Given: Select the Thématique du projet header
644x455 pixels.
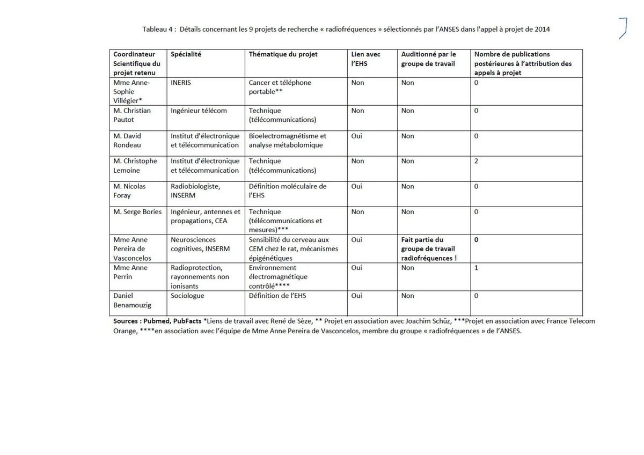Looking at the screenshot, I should click(x=283, y=54).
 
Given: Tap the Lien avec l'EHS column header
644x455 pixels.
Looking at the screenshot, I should click(x=365, y=58).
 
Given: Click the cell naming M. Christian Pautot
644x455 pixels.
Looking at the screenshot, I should click(x=132, y=115).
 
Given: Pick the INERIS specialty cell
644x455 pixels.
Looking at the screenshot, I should click(x=181, y=83).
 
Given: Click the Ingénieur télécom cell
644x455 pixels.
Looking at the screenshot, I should click(x=199, y=111).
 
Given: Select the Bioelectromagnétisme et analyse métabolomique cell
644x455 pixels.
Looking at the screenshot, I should click(x=287, y=141).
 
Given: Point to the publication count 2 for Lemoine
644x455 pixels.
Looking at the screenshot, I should click(x=477, y=161).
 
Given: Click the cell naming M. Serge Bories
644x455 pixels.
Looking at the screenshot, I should click(x=137, y=212).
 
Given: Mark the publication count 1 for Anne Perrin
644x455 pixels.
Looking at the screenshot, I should click(x=477, y=268).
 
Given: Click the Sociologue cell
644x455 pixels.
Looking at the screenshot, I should click(x=187, y=296).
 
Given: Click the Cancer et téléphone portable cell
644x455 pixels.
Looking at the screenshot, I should click(x=280, y=87).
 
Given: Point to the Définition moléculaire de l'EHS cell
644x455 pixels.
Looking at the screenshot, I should click(x=288, y=191).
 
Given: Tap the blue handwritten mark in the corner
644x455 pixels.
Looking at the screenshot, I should click(x=623, y=28).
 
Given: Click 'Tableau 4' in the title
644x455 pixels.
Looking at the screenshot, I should click(x=157, y=30).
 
